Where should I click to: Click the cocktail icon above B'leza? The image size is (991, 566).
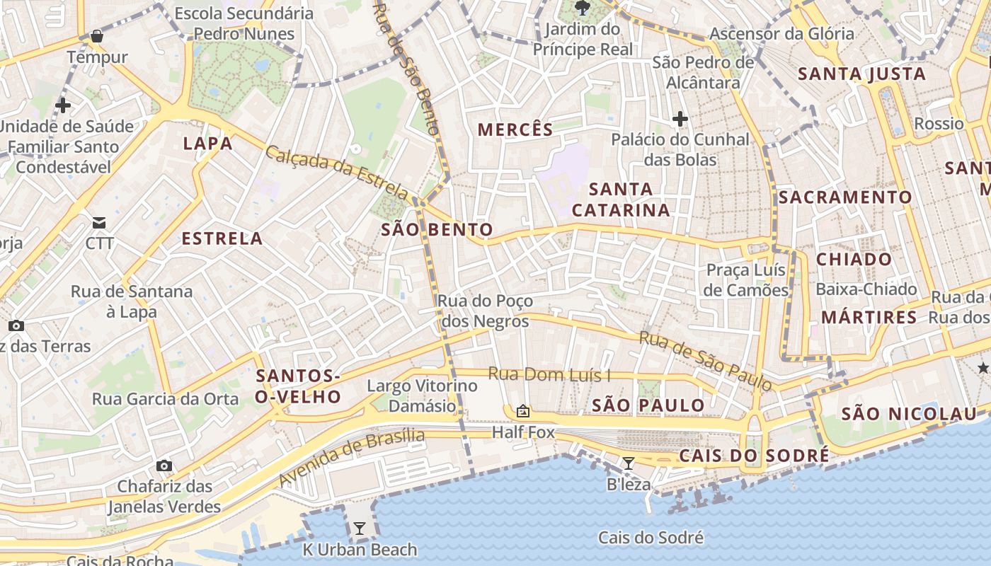tap(628, 463)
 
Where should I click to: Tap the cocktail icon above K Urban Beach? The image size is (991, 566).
tap(360, 528)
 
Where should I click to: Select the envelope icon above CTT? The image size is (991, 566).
tap(99, 223)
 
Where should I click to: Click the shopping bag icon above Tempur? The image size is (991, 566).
tap(97, 35)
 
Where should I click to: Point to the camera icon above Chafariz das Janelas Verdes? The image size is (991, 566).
tap(164, 466)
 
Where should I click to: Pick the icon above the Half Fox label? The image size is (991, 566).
tap(523, 411)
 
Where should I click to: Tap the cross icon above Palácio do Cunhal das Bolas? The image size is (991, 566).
tap(680, 118)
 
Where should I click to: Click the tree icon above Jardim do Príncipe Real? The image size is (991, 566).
tap(583, 8)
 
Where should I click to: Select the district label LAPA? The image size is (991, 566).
tap(207, 144)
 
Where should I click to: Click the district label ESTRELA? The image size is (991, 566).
tap(222, 238)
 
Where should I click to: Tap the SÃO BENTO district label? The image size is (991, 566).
tap(437, 229)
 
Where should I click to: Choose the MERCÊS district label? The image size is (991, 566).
tap(515, 129)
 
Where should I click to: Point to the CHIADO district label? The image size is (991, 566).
tap(854, 259)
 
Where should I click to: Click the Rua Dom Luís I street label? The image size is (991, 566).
tap(549, 375)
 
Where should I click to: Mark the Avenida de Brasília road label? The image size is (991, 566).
tap(352, 456)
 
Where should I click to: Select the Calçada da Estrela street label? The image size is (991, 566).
tap(337, 172)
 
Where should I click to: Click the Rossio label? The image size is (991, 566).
tap(939, 124)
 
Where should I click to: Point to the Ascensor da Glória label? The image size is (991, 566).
tap(781, 34)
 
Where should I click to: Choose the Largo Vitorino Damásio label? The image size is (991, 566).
tap(423, 396)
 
